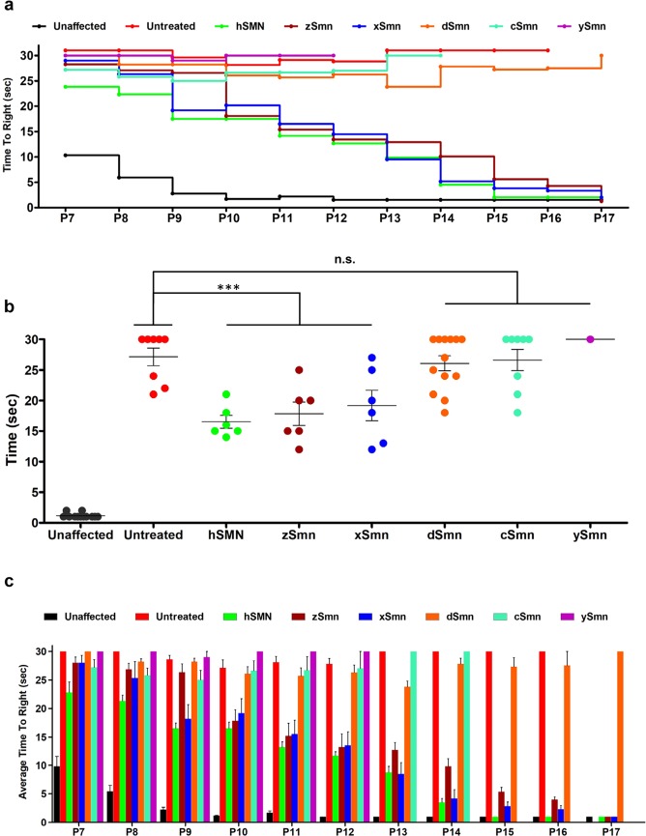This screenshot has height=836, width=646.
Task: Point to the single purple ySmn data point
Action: (590, 339)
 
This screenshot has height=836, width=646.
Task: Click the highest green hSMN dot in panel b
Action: (227, 394)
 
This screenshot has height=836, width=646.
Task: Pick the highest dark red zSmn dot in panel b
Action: (300, 370)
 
